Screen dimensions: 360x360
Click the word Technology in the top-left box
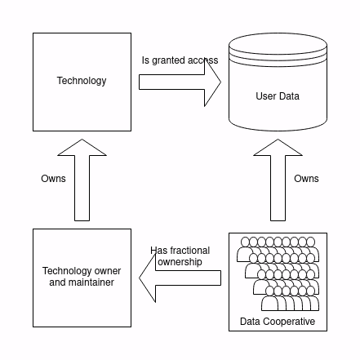82,81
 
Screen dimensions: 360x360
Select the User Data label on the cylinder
278,96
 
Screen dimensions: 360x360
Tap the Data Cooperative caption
278,322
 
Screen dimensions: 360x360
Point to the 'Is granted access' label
180,60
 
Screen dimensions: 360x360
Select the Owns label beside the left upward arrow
53,179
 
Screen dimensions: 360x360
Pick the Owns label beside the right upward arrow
306,179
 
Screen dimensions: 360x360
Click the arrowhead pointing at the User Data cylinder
212,82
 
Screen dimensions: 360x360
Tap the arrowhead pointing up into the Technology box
82,149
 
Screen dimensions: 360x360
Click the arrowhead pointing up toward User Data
278,149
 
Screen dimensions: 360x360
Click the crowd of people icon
278,274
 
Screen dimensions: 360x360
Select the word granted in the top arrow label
167,60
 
